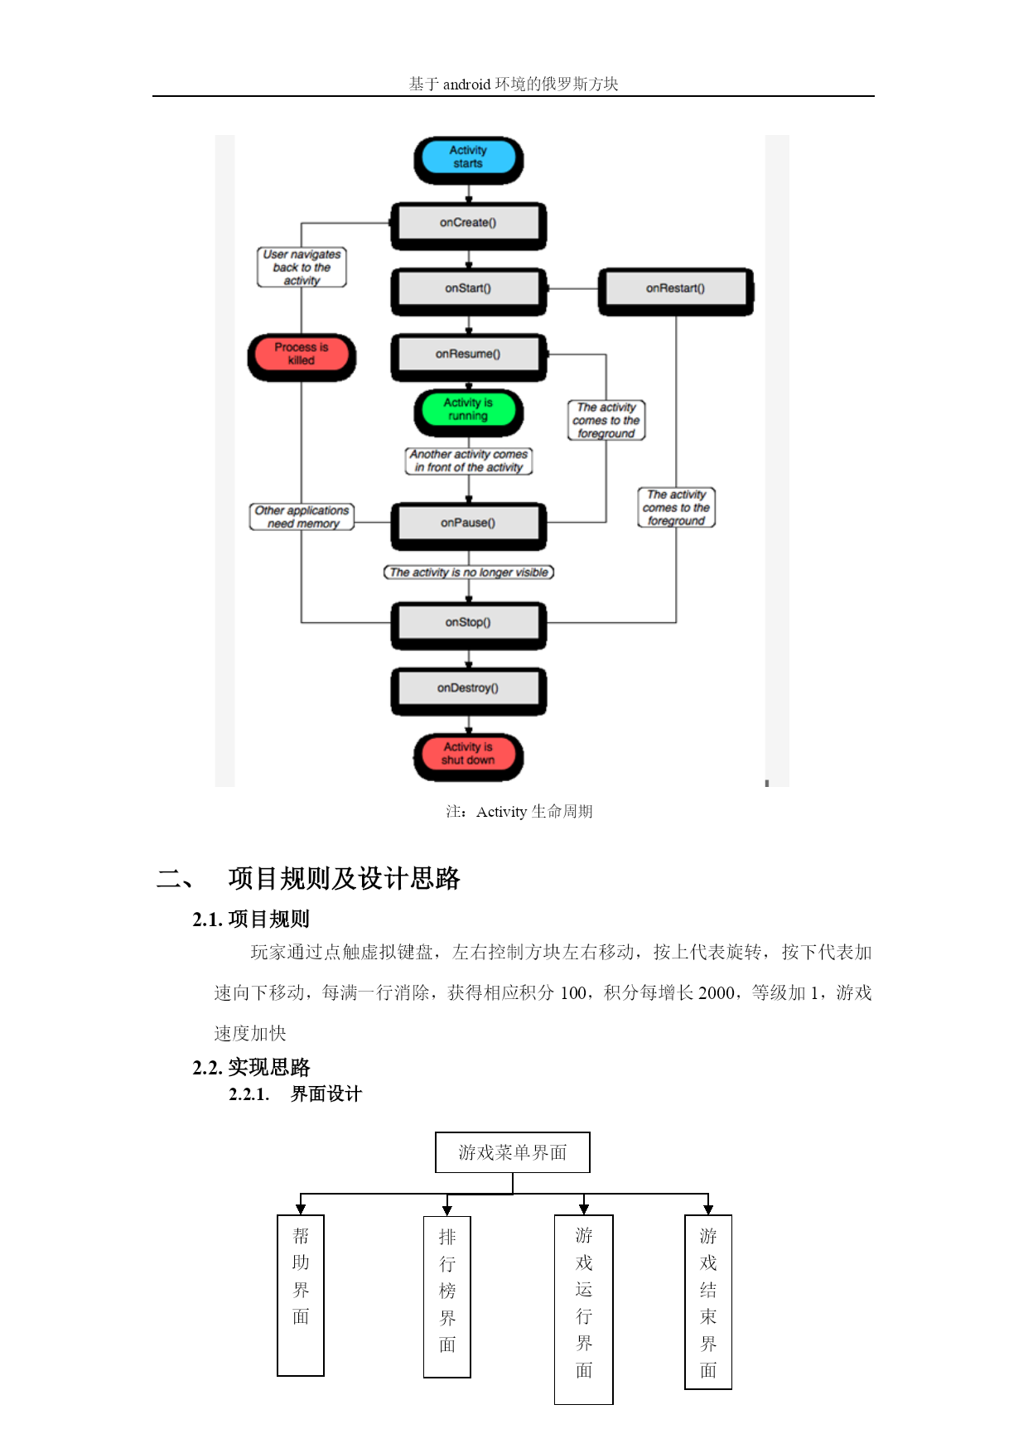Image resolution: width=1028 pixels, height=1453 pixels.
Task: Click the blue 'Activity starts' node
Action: (468, 160)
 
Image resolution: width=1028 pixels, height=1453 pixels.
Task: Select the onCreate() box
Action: (468, 225)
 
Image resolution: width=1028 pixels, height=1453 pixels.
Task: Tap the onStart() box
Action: (468, 291)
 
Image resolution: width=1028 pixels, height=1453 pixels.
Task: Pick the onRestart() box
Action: (676, 291)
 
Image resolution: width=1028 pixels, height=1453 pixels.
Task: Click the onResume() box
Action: (468, 357)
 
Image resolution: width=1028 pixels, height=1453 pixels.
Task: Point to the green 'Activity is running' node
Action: (468, 412)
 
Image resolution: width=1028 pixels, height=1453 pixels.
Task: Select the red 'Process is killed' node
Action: (302, 357)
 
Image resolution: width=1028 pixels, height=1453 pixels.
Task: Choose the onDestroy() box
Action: (468, 691)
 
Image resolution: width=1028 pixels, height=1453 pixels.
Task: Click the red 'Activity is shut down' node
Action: (468, 756)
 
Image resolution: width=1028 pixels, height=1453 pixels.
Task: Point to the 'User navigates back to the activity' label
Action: (302, 267)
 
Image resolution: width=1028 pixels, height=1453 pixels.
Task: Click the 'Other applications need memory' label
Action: (302, 516)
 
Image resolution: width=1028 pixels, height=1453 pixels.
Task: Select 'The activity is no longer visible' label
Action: (469, 572)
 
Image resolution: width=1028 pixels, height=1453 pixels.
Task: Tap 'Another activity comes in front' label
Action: (469, 461)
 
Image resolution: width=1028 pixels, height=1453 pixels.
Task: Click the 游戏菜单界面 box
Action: (513, 1152)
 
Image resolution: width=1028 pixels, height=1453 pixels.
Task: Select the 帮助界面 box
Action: (301, 1296)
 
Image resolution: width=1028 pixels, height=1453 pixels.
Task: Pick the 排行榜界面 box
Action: (447, 1297)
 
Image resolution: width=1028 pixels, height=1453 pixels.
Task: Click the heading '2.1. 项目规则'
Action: (251, 919)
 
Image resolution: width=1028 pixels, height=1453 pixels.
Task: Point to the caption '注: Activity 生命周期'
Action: (519, 811)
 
